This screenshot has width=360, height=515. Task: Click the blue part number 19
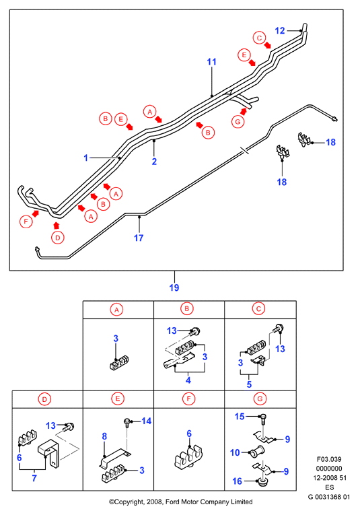click(x=174, y=287)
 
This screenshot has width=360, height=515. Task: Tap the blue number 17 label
click(x=139, y=238)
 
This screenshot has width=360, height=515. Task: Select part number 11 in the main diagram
click(x=212, y=62)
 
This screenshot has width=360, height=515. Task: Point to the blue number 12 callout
click(x=280, y=30)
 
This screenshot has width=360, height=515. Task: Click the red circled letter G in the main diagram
click(x=238, y=122)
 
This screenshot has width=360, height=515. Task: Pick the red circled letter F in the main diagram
click(x=26, y=221)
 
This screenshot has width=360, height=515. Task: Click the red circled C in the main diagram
click(x=259, y=38)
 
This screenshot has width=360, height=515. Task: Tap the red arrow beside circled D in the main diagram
click(x=57, y=226)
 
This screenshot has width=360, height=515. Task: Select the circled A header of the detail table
click(x=117, y=310)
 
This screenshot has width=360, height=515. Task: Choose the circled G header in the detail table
click(x=260, y=399)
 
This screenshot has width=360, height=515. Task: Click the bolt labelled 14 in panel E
click(x=127, y=422)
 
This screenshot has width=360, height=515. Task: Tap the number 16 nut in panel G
click(x=262, y=482)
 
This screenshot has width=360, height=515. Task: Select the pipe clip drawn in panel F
click(x=188, y=455)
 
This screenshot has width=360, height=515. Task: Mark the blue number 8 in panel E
click(x=104, y=436)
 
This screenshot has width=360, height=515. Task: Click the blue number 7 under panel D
click(x=34, y=478)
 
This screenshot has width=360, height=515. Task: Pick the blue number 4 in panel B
click(x=188, y=380)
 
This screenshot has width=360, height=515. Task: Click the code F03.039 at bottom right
click(x=329, y=459)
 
